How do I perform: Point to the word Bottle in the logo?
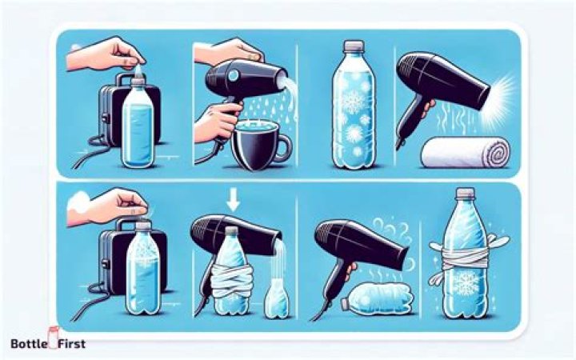29,344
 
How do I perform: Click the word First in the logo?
72,344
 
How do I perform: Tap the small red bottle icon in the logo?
54,337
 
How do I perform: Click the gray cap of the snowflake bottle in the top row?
354,46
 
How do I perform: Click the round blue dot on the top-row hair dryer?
233,76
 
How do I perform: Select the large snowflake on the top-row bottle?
353,99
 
